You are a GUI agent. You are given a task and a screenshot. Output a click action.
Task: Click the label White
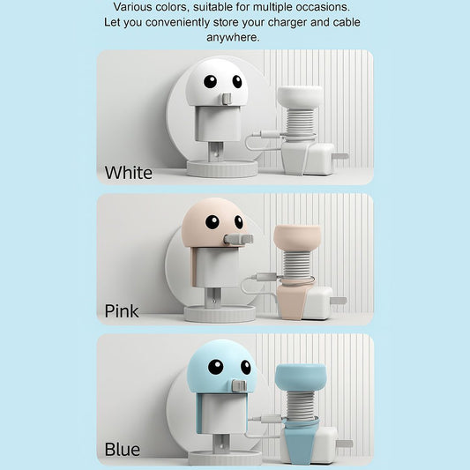click(x=128, y=173)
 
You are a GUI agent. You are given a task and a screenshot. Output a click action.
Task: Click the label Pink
click(x=122, y=311)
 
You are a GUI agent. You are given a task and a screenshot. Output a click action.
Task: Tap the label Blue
click(x=123, y=450)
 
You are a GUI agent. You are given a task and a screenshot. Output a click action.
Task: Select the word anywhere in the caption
click(x=233, y=37)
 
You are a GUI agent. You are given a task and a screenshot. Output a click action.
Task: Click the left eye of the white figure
click(x=210, y=81)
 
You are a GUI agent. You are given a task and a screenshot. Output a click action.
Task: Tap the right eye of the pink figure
click(x=239, y=222)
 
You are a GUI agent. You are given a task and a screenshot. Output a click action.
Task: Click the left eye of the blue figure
click(x=215, y=367)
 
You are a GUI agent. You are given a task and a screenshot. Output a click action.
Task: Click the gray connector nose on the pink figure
click(x=238, y=239)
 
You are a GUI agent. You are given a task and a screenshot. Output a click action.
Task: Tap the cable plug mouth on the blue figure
click(x=240, y=384)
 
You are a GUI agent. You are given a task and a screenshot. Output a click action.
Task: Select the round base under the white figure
click(x=222, y=168)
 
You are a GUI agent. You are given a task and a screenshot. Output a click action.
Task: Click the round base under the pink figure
click(x=220, y=314)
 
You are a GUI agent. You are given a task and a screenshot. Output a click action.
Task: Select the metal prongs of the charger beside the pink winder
click(x=339, y=300)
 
